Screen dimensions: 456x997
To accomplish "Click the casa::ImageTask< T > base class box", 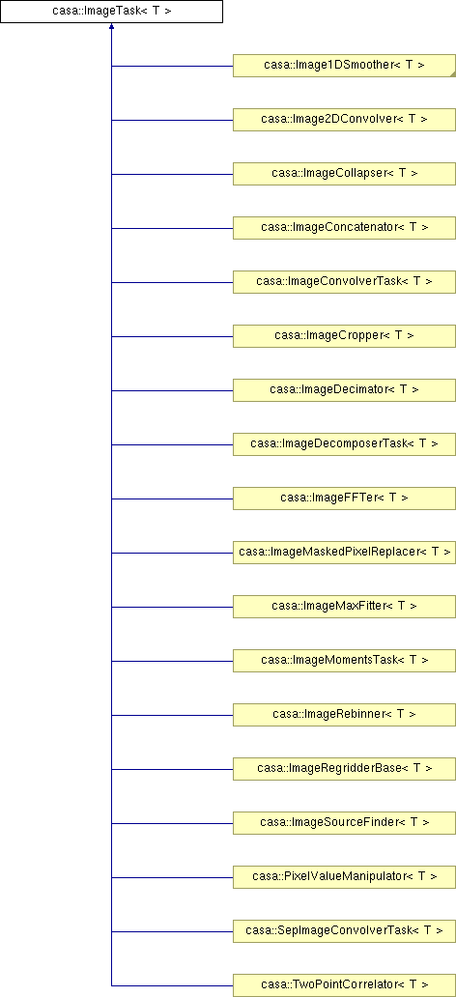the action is pos(111,12).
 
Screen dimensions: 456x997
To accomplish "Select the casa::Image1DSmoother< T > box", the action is pos(344,66).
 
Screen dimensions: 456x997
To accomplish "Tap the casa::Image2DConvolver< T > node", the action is pos(344,120).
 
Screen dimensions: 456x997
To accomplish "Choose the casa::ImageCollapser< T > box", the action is pos(344,174).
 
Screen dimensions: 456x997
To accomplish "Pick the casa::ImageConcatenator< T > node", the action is pos(344,228).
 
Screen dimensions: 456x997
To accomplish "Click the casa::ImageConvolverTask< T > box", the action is pos(344,282).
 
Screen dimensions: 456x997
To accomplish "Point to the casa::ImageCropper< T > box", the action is pos(344,336).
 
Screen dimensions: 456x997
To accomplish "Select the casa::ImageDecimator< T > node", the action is pos(344,389).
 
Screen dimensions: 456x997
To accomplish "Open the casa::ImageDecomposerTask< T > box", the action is pos(344,443).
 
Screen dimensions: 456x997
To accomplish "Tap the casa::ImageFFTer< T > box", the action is pos(344,498).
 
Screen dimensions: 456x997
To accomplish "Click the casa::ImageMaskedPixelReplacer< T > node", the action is pos(344,553).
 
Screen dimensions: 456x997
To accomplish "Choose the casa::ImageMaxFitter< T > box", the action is pos(344,607).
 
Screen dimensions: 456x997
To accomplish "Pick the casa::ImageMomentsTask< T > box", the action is pos(344,661).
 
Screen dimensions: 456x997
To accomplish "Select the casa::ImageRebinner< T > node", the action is pos(344,715).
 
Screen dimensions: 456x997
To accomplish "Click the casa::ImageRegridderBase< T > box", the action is pos(344,769).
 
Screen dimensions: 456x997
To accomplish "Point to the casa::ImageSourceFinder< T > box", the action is pos(344,823).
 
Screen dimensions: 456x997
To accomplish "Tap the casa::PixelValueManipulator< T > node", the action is pos(344,877).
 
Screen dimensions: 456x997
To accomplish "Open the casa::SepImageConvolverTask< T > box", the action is pos(344,931).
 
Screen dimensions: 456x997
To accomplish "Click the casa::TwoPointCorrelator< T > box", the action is pos(344,984).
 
